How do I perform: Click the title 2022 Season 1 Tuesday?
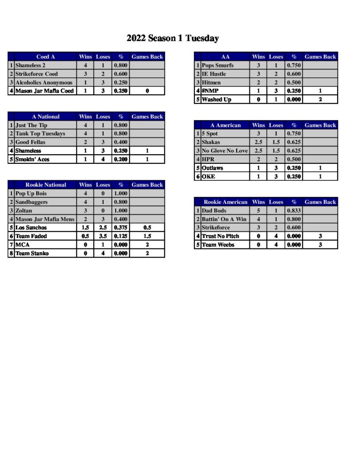pyautogui.click(x=172, y=39)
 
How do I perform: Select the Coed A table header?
pyautogui.click(x=46, y=57)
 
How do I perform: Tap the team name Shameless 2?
pyautogui.click(x=30, y=66)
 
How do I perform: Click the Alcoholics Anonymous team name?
pyautogui.click(x=44, y=82)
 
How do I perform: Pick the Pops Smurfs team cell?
pyautogui.click(x=218, y=66)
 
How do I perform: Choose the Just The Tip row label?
pyautogui.click(x=31, y=125)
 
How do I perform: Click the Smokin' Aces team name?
pyautogui.click(x=32, y=159)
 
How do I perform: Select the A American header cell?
pyautogui.click(x=226, y=125)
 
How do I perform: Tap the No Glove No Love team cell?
pyautogui.click(x=224, y=151)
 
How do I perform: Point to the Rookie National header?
pyautogui.click(x=46, y=185)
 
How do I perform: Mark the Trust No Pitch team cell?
pyautogui.click(x=220, y=236)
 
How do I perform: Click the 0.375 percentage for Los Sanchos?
pyautogui.click(x=121, y=228)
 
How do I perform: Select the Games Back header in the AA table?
pyautogui.click(x=320, y=57)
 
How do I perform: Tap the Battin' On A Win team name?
pyautogui.click(x=224, y=219)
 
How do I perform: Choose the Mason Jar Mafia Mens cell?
pyautogui.click(x=45, y=219)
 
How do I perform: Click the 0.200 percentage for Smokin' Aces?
pyautogui.click(x=121, y=159)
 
